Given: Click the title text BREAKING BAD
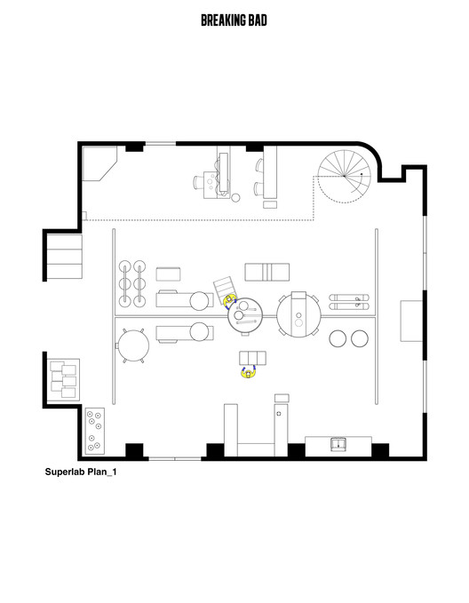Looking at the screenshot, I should (x=234, y=20).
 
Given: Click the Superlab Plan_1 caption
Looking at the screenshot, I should (x=81, y=473).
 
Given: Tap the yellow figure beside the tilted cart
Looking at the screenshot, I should (x=229, y=300).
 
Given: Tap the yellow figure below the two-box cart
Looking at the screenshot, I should (x=250, y=372).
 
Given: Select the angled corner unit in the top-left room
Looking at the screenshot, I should (x=100, y=164).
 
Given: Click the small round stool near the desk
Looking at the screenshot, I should (x=235, y=197).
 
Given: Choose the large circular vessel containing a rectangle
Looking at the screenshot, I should (x=299, y=315).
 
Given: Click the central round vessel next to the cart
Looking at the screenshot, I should (x=246, y=314).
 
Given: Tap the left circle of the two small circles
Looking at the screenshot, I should (x=338, y=338).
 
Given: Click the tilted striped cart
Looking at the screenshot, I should (x=222, y=289).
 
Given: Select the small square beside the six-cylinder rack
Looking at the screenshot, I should (x=169, y=273).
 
